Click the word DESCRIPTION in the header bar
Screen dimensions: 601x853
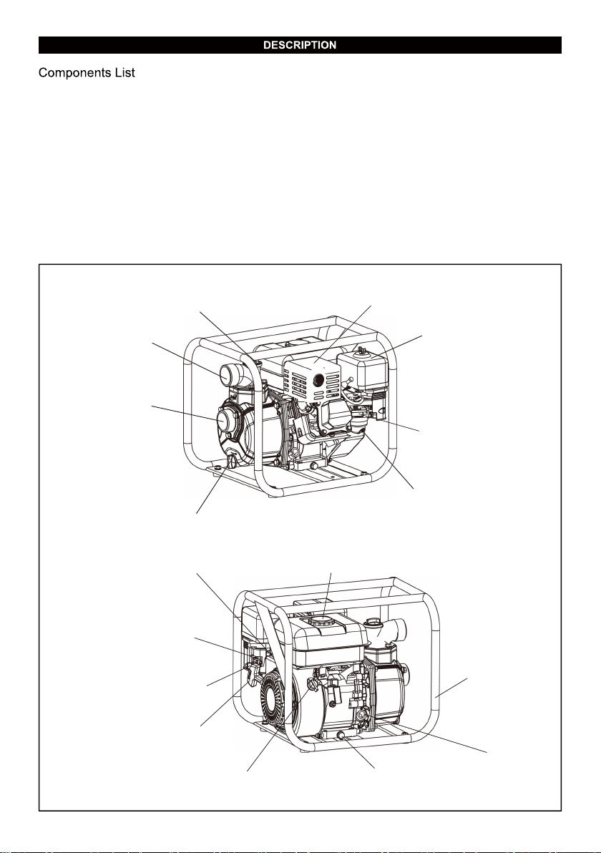click(300, 45)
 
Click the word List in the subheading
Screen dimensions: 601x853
click(124, 72)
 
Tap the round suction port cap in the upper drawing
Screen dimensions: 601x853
click(225, 421)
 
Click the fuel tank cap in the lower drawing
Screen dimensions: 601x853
click(323, 620)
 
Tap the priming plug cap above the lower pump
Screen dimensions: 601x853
click(373, 623)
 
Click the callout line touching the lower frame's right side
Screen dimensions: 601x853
click(451, 688)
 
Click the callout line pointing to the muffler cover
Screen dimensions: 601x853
click(343, 333)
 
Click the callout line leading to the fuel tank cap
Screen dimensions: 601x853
click(328, 595)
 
